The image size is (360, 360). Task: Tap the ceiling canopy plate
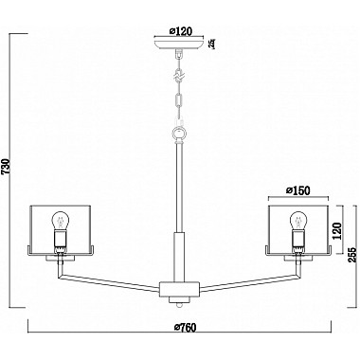point(177,43)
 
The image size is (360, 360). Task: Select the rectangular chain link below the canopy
point(177,98)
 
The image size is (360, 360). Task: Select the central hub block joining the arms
point(177,285)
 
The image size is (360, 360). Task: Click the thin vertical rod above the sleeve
point(177,185)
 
